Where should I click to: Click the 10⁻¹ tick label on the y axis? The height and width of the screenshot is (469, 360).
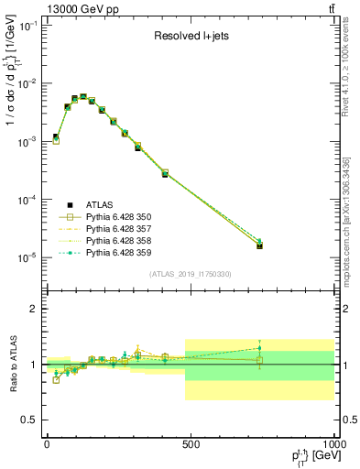(27, 26)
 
